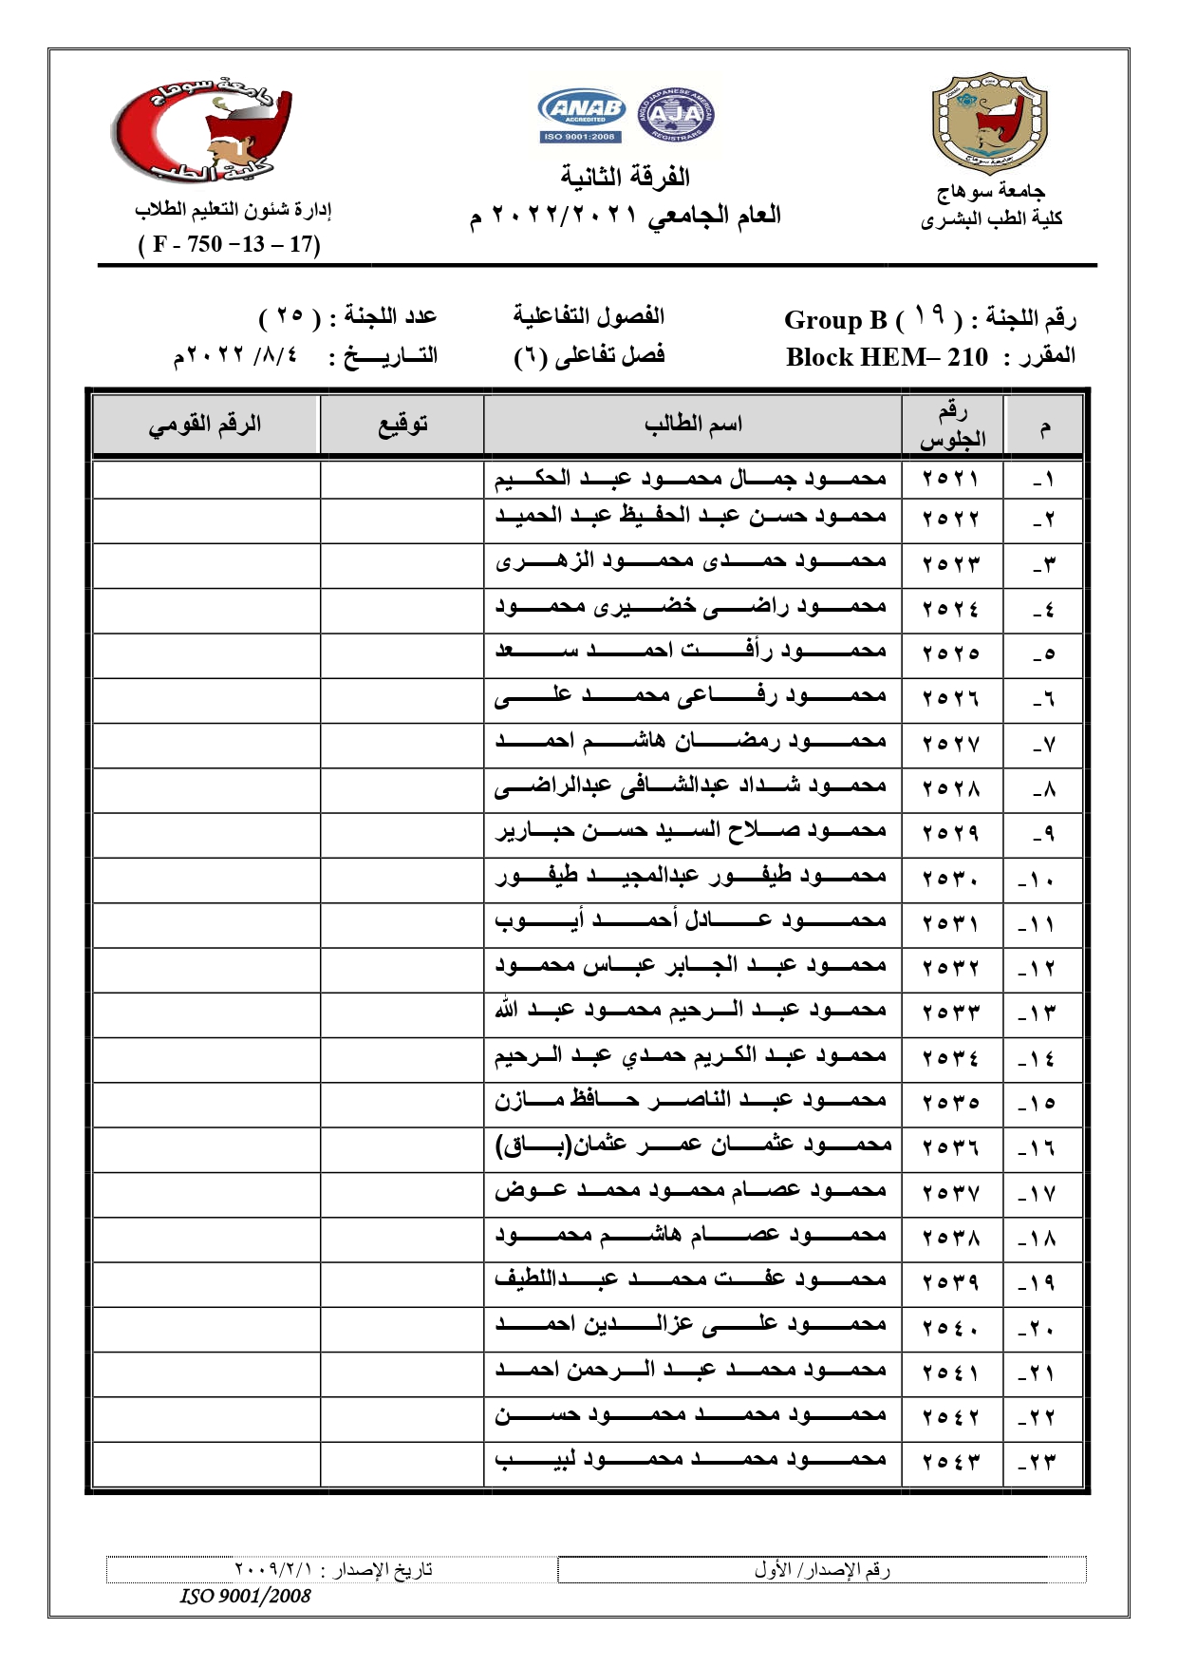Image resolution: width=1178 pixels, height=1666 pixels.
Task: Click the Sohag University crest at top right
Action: [x=990, y=123]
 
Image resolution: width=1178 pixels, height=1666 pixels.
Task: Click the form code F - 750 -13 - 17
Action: [x=230, y=244]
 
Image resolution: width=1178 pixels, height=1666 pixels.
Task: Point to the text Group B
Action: [x=835, y=320]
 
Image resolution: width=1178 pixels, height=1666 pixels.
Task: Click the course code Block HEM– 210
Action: [x=887, y=357]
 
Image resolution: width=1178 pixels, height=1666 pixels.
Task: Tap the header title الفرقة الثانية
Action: [x=625, y=177]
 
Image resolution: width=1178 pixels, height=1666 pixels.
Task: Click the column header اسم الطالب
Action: [x=692, y=424]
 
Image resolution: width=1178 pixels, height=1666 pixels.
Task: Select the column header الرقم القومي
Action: [x=204, y=424]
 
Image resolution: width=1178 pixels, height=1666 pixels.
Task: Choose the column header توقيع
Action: [x=402, y=424]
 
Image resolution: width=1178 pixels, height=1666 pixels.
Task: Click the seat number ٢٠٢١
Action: [x=950, y=478]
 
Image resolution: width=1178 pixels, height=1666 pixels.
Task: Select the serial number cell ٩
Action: [x=1043, y=834]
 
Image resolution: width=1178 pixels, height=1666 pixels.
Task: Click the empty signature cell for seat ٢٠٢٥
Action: [x=402, y=654]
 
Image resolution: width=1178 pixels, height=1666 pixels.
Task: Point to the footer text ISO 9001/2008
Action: [x=246, y=1596]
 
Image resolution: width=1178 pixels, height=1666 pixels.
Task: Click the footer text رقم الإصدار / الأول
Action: [x=822, y=1570]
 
